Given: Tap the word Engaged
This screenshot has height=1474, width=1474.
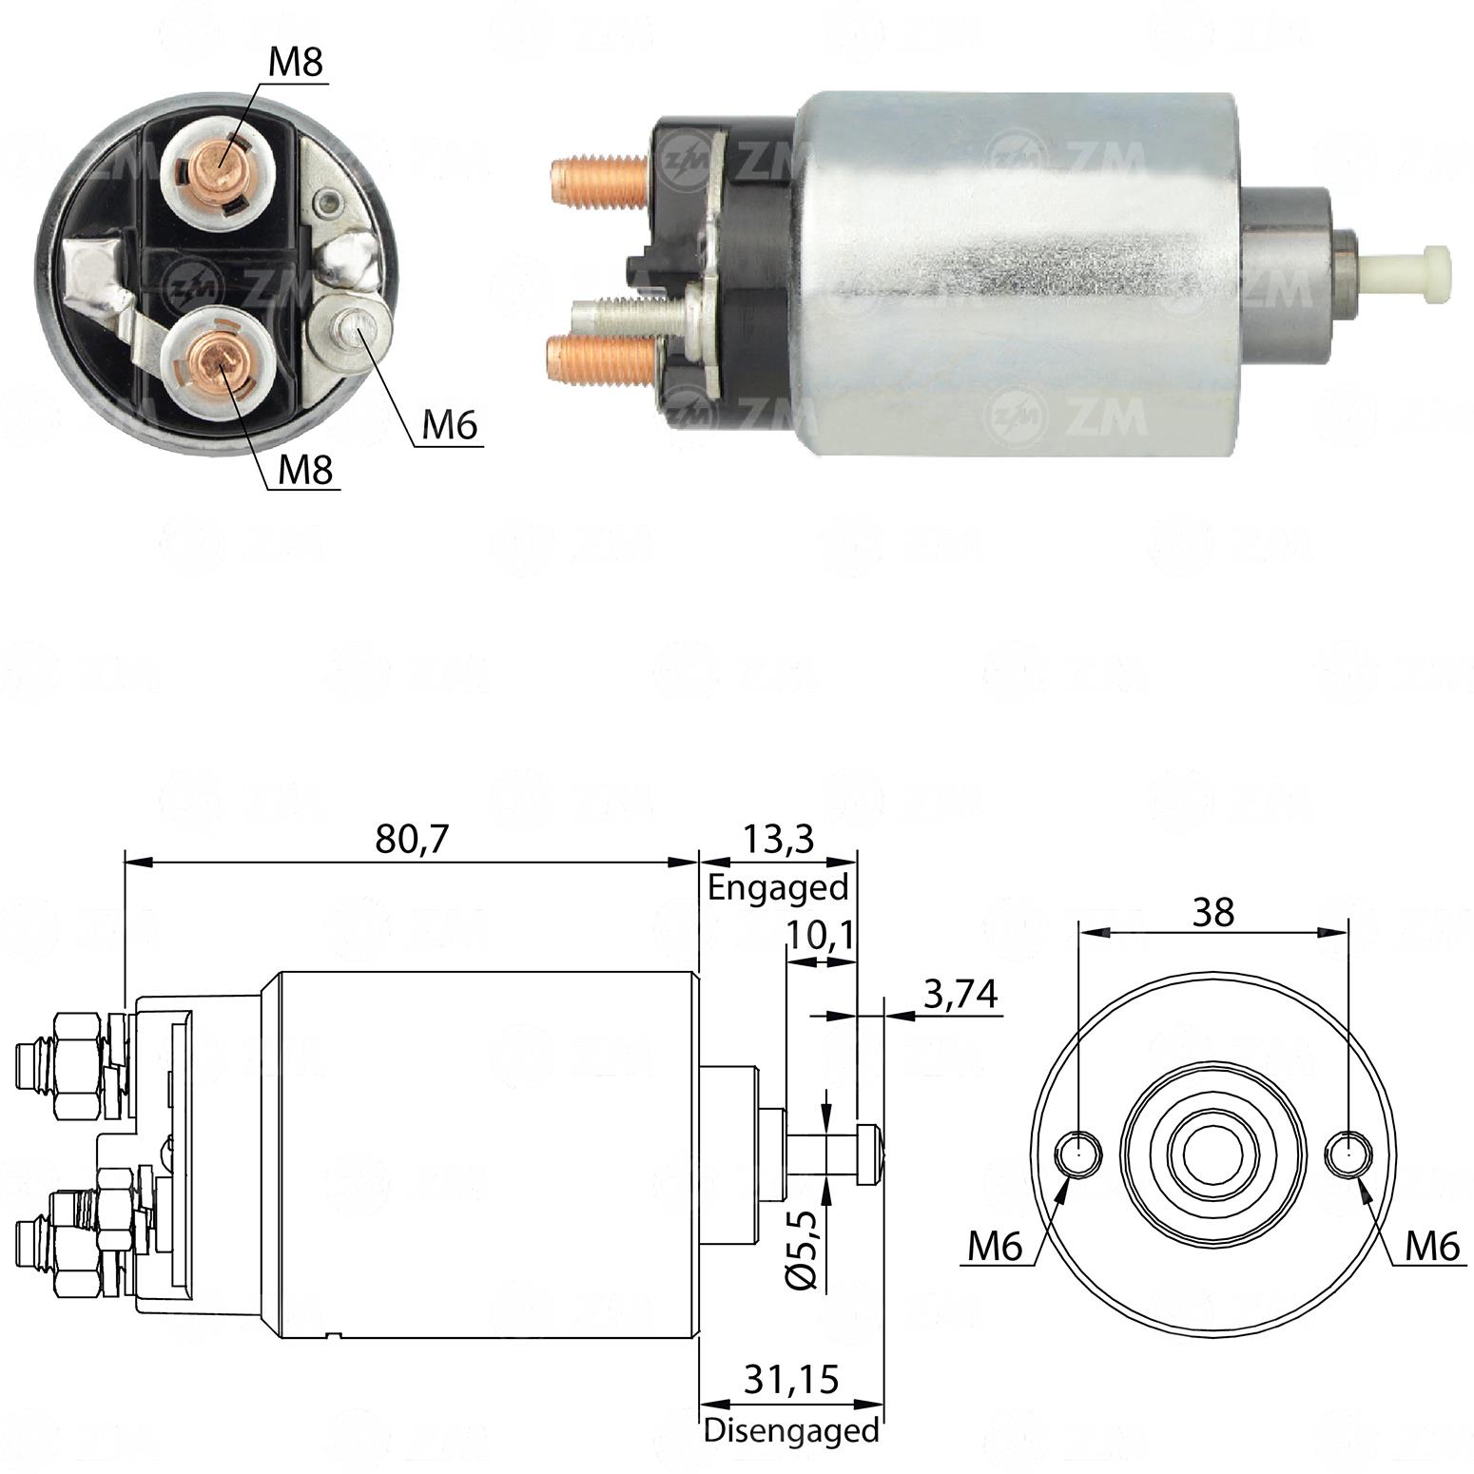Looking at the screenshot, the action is click(778, 888).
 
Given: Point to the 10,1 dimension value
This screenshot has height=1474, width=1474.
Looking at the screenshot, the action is click(820, 936).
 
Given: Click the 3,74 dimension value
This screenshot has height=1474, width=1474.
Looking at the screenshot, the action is click(960, 995).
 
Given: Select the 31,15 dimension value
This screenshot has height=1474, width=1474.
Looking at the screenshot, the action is click(791, 1380).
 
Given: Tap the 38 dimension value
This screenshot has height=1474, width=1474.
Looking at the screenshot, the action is click(1213, 912).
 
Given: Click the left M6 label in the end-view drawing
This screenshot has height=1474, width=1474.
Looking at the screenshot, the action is click(996, 1246).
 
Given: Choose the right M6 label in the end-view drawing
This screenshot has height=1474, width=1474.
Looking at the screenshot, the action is click(1433, 1246).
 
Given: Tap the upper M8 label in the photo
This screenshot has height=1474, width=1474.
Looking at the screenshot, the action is click(296, 63).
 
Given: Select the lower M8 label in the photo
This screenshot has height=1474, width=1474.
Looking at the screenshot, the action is click(305, 469).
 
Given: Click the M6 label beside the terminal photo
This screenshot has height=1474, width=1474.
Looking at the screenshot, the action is click(449, 424).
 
